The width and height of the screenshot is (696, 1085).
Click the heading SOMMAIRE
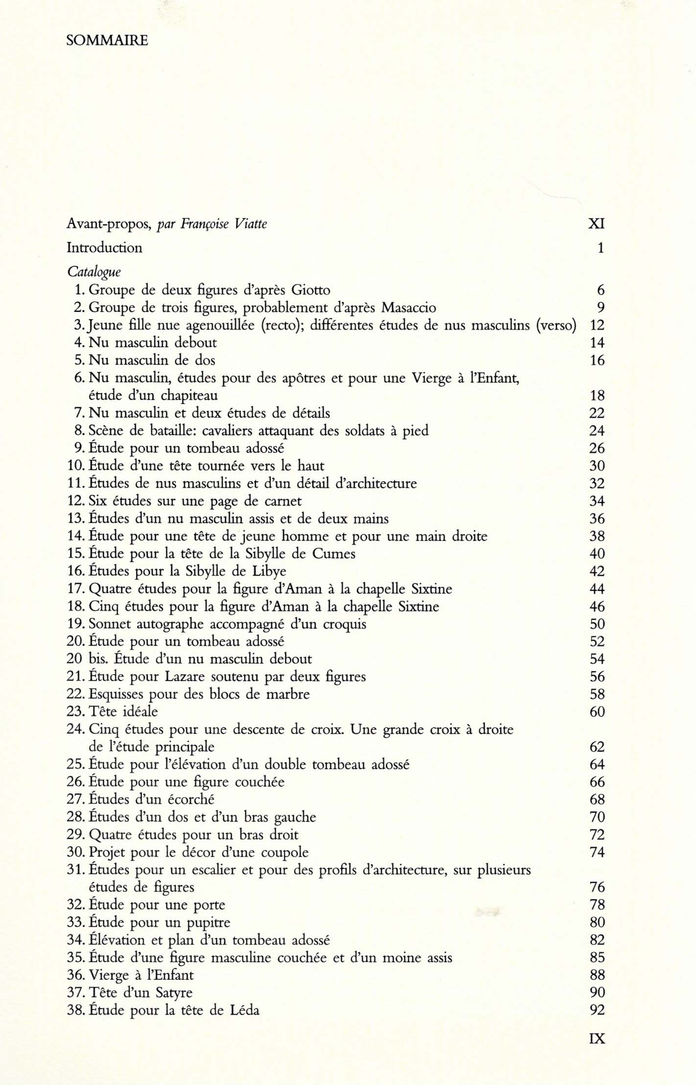pyautogui.click(x=107, y=40)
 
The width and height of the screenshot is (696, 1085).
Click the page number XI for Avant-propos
pyautogui.click(x=596, y=224)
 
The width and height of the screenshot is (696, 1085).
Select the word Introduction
pyautogui.click(x=104, y=248)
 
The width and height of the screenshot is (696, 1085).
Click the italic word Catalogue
pyautogui.click(x=94, y=272)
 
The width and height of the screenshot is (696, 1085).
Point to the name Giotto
pyautogui.click(x=311, y=290)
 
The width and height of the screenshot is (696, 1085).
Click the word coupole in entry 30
pyautogui.click(x=283, y=852)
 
